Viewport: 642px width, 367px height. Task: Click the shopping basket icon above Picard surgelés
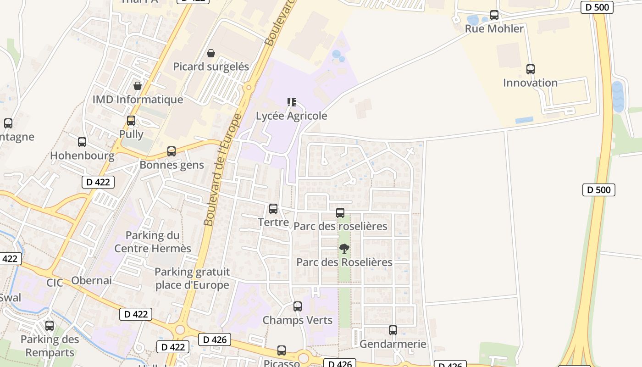pos(211,54)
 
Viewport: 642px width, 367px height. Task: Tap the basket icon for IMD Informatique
pos(138,86)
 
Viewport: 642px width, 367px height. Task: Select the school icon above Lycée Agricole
pos(292,102)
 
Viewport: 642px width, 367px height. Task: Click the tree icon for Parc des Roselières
pos(344,249)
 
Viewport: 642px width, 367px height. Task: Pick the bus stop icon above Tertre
pos(273,209)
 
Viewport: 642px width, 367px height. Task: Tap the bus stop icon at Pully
pos(131,121)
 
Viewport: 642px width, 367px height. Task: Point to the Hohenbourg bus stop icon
pos(82,142)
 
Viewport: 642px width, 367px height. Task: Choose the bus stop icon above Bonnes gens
pos(172,151)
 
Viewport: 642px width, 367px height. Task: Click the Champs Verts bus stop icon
pos(298,306)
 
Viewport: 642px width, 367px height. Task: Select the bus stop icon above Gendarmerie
pos(393,330)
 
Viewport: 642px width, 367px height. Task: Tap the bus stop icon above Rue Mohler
pos(494,15)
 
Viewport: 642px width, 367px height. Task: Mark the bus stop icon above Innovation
pos(531,69)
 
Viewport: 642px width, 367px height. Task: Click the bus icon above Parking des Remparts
pos(50,326)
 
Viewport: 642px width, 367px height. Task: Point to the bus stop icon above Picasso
pos(282,350)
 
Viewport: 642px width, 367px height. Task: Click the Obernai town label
pos(91,281)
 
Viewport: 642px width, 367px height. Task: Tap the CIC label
pos(55,283)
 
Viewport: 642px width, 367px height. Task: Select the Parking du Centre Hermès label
pos(153,242)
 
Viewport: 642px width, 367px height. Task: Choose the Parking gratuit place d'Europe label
pos(192,278)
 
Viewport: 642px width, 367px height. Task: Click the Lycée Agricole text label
pos(292,116)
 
